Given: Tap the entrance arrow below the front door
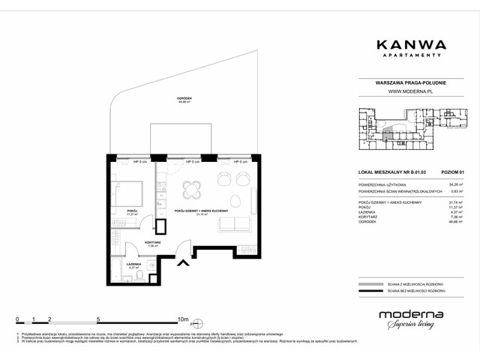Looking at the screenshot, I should point(182,262).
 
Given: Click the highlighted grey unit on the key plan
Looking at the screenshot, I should point(387,136).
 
